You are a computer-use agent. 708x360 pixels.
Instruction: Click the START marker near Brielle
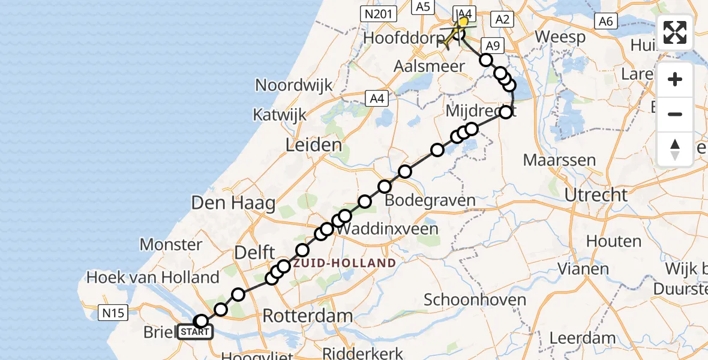pos(194,332)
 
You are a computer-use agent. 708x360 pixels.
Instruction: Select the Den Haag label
pos(233,203)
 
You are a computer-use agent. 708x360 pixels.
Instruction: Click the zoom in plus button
pos(675,79)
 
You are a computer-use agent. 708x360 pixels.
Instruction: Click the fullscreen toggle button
pos(675,32)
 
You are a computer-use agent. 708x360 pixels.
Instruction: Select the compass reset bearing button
pos(675,149)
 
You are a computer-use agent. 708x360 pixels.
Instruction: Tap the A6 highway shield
pos(605,22)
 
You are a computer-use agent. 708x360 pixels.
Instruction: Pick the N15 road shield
pos(112,311)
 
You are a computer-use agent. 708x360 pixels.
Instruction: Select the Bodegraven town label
pos(430,200)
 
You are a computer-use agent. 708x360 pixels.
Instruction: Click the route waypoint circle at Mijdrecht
pos(506,112)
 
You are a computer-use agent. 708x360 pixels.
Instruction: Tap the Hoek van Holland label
pos(153,277)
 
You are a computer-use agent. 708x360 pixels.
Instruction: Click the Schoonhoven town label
pos(476,299)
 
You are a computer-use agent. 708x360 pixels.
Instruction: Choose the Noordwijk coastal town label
pos(294,85)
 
